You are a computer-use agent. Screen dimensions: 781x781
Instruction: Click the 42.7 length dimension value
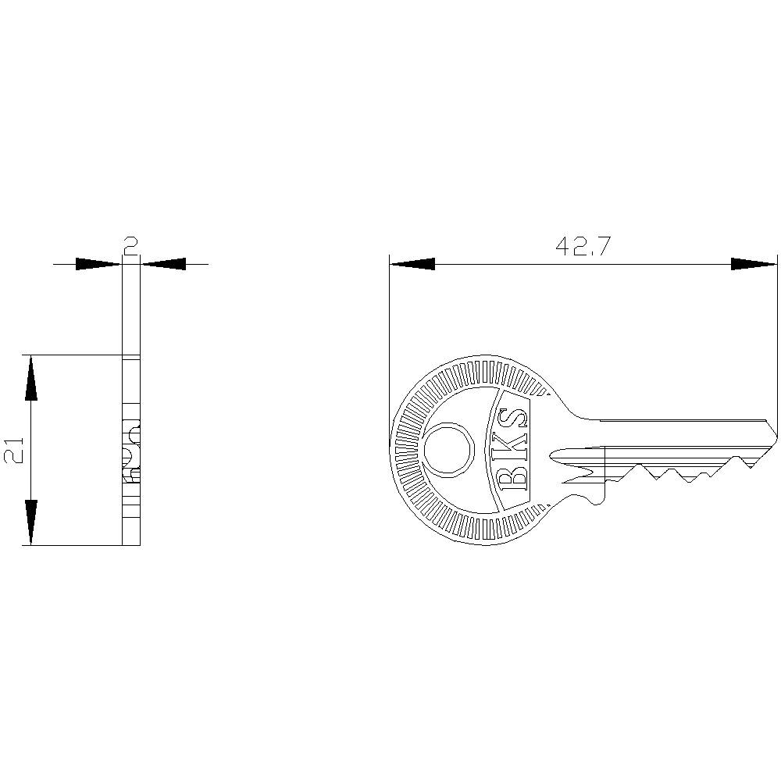[x=583, y=247]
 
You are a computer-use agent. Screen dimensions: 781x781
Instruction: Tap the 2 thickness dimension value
[x=131, y=247]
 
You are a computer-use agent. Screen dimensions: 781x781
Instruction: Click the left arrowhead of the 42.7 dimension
[x=412, y=264]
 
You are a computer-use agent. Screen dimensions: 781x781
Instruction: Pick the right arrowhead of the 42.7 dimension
[x=754, y=264]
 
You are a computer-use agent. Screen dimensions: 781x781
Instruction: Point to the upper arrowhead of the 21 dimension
[x=30, y=379]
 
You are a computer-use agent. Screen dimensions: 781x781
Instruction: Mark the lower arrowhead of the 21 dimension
[x=30, y=521]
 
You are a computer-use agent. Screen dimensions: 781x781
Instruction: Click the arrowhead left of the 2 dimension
[x=98, y=264]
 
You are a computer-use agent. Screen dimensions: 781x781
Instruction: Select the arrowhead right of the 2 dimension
[x=164, y=264]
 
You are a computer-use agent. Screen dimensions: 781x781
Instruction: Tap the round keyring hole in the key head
[x=448, y=450]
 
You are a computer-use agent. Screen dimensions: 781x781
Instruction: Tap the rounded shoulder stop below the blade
[x=597, y=494]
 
